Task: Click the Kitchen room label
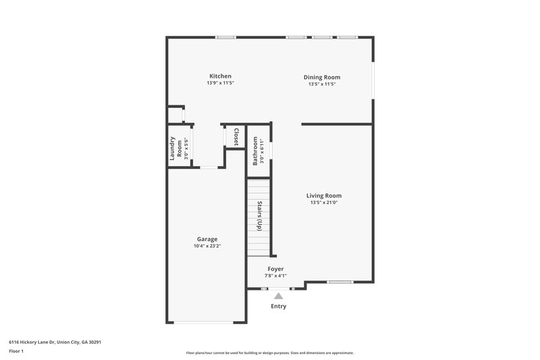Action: pyautogui.click(x=220, y=76)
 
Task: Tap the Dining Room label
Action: pyautogui.click(x=321, y=77)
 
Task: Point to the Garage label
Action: pyautogui.click(x=207, y=239)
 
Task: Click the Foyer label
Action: pyautogui.click(x=275, y=269)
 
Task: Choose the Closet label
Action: pyautogui.click(x=236, y=137)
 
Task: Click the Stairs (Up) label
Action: pyautogui.click(x=259, y=217)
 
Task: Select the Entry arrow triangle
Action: pyautogui.click(x=278, y=295)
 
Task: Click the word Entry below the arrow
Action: pyautogui.click(x=278, y=306)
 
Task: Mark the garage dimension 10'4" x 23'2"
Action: pyautogui.click(x=207, y=246)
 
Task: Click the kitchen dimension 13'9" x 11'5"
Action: pyautogui.click(x=220, y=83)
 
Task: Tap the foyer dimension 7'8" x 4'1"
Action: pyautogui.click(x=275, y=276)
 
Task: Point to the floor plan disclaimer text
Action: pyautogui.click(x=269, y=353)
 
